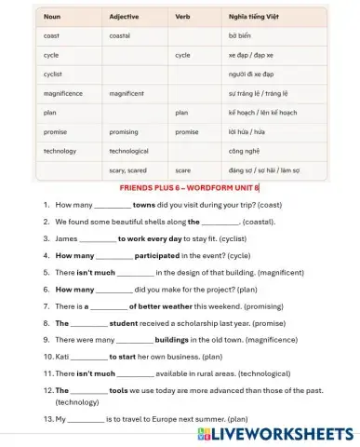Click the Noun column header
pos(52,17)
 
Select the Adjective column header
pos(124,17)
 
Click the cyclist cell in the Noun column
pos(53,74)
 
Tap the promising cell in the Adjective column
pos(124,131)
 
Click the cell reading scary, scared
pos(128,170)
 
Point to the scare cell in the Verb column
pos(182,170)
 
